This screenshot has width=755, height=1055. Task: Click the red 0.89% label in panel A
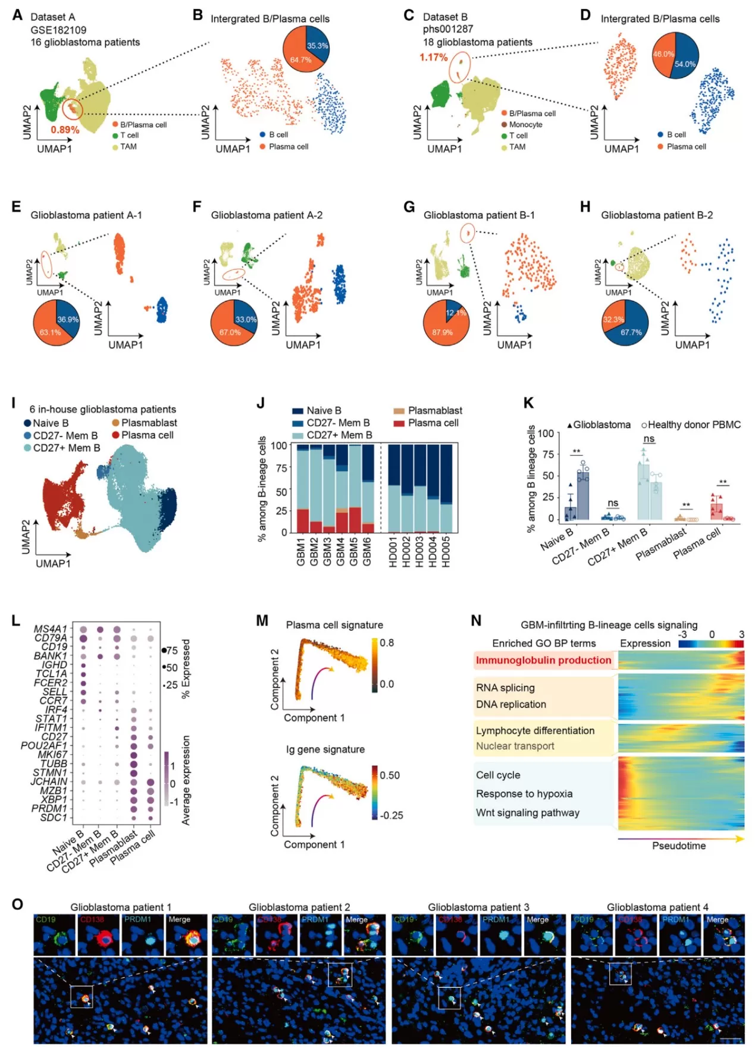65,130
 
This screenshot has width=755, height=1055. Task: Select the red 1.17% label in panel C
433,57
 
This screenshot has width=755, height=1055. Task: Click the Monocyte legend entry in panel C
525,124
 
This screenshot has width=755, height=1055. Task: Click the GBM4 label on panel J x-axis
340,552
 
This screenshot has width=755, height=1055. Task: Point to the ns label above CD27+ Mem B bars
649,439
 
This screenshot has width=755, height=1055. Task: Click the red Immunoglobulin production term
543,660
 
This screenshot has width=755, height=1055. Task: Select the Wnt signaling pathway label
527,813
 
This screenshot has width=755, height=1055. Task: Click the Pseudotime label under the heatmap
678,846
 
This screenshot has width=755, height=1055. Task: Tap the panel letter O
17,904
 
